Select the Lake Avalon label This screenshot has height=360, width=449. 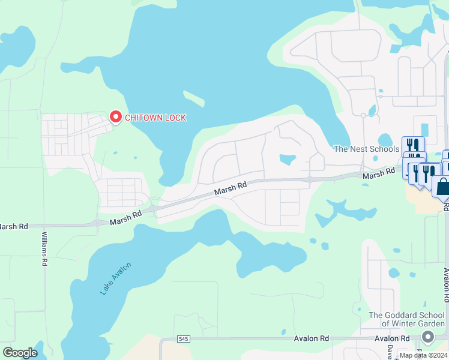(x=115, y=278)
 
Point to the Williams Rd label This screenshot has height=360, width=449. (x=44, y=249)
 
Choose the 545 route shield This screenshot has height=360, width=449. (x=183, y=339)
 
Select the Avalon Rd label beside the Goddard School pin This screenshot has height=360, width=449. (x=392, y=338)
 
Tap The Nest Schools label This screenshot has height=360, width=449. (x=366, y=149)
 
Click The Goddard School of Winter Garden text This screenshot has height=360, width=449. (x=406, y=319)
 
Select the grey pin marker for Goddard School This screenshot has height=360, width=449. (x=427, y=336)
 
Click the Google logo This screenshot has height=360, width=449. (x=20, y=352)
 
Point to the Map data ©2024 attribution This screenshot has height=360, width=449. (x=423, y=355)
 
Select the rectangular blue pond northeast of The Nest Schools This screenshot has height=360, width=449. (x=425, y=130)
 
